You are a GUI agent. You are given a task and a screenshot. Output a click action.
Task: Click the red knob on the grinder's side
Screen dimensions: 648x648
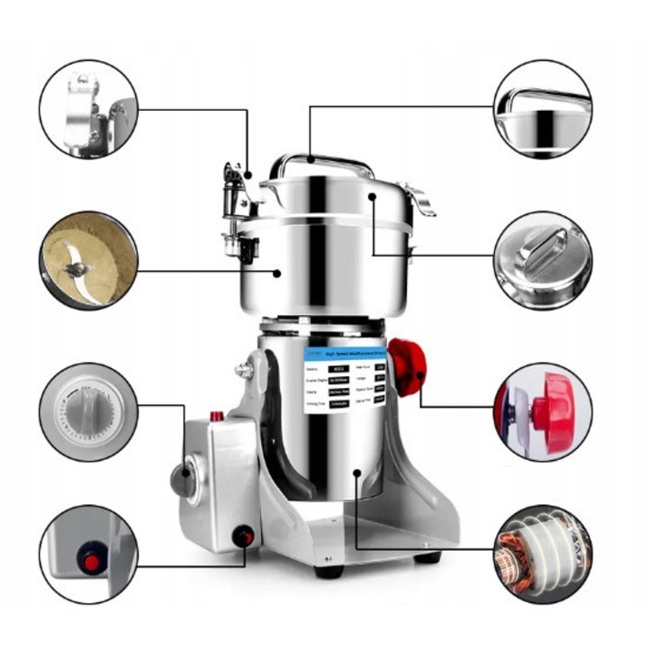pyautogui.click(x=407, y=366)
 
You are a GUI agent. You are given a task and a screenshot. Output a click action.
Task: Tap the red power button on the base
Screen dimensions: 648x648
pyautogui.click(x=241, y=536)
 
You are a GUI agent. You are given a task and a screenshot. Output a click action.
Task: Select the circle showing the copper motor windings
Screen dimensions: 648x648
pyautogui.click(x=543, y=553)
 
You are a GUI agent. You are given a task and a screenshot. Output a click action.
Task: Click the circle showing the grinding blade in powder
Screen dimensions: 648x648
pyautogui.click(x=88, y=260)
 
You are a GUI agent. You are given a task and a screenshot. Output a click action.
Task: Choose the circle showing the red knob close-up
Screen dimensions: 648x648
pyautogui.click(x=543, y=411)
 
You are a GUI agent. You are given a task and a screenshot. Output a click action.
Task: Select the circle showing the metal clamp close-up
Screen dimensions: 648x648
pyautogui.click(x=88, y=109)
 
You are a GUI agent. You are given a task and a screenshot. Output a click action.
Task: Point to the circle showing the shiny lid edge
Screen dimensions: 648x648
pyautogui.click(x=543, y=109)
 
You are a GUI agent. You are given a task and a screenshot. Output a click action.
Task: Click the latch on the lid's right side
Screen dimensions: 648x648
pyautogui.click(x=419, y=200)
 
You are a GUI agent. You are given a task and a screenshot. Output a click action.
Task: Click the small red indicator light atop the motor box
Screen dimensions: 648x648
pyautogui.click(x=217, y=417)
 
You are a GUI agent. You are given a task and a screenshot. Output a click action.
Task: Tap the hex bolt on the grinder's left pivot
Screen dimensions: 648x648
pyautogui.click(x=242, y=368)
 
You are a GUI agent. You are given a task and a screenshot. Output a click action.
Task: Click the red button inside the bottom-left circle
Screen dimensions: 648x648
pyautogui.click(x=90, y=562)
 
